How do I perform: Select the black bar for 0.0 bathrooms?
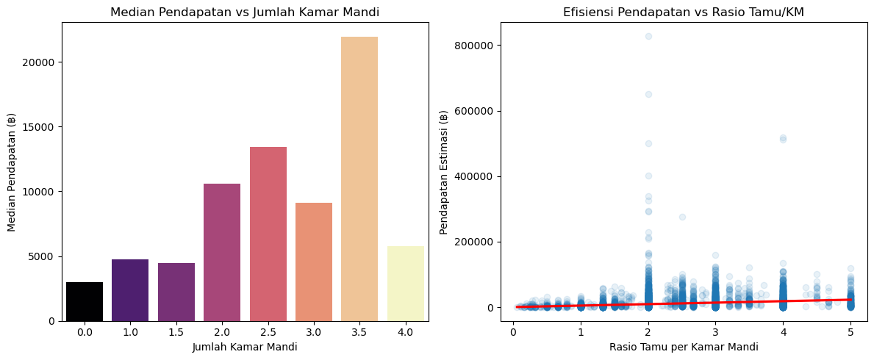(x=85, y=301)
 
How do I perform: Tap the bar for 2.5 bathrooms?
(x=268, y=234)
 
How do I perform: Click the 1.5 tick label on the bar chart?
(x=176, y=333)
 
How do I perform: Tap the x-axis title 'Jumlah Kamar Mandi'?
(x=245, y=347)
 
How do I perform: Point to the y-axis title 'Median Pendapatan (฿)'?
(x=12, y=172)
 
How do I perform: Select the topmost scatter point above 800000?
(x=648, y=36)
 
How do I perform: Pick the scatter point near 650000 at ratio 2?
(x=648, y=94)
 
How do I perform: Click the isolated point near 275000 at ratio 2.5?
(x=682, y=217)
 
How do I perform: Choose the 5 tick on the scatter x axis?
(x=850, y=333)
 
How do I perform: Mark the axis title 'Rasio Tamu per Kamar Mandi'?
(x=684, y=347)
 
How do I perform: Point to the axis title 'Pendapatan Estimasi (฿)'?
(x=444, y=172)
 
